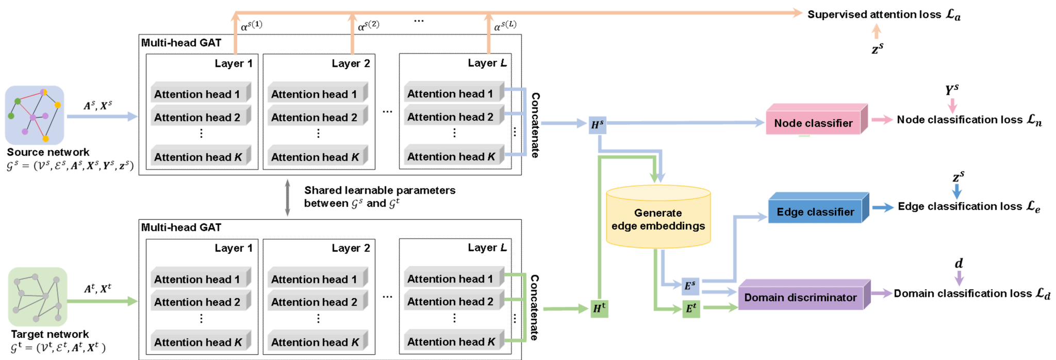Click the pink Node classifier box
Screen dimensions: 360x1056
click(x=814, y=123)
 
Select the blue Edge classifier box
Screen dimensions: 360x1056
click(x=816, y=211)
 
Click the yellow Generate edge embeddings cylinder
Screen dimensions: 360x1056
click(x=658, y=219)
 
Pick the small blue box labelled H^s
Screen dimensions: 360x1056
click(x=598, y=124)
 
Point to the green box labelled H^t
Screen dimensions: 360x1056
click(x=599, y=308)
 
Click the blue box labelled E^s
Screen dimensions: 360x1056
click(x=690, y=285)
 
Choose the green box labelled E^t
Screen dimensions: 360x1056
click(x=691, y=309)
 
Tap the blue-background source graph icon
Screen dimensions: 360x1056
click(x=35, y=115)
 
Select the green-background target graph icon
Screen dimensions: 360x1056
click(x=38, y=297)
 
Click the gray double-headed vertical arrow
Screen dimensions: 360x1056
click(x=287, y=198)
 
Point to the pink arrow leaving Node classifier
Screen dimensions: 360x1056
click(x=882, y=120)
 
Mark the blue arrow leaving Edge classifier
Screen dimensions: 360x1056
click(x=883, y=208)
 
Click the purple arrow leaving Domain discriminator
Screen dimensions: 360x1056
click(x=882, y=293)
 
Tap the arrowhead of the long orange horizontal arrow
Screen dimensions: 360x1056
click(x=797, y=13)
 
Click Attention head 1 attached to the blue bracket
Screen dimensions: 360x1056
click(x=450, y=93)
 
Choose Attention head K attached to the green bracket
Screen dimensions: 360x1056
click(x=451, y=341)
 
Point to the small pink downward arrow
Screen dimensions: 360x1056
click(x=952, y=106)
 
